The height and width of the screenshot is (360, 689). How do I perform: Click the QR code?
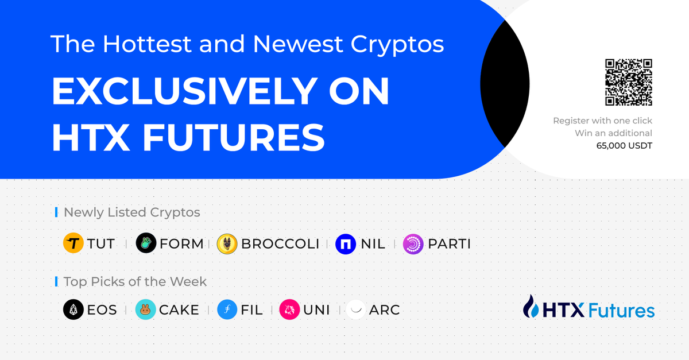(x=629, y=82)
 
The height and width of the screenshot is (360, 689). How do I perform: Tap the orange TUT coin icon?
(x=73, y=243)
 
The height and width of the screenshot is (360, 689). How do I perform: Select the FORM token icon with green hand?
(x=146, y=243)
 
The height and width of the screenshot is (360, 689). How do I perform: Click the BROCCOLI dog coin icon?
(x=227, y=243)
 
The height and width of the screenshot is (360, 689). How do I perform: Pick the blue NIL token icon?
(x=346, y=244)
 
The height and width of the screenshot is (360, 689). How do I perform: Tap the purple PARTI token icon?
(x=413, y=244)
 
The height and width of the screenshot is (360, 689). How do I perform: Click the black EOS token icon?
(x=73, y=309)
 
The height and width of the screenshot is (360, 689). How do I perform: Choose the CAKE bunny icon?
(x=145, y=309)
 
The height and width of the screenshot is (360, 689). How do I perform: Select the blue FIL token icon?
(x=227, y=309)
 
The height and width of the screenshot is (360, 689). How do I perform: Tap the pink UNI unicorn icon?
(x=289, y=309)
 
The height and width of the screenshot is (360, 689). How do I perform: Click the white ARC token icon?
(x=356, y=309)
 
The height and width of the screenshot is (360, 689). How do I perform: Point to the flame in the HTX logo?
(x=531, y=306)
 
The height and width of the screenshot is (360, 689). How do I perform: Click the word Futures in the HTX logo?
(x=622, y=310)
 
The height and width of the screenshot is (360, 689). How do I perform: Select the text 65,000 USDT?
(x=624, y=145)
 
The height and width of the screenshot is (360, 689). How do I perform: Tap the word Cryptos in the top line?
(x=397, y=45)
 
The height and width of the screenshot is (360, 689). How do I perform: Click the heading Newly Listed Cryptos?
(x=131, y=212)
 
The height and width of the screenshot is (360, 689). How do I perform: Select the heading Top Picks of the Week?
(x=135, y=281)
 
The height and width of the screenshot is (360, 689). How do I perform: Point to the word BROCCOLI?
(x=280, y=244)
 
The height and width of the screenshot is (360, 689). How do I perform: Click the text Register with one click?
(x=602, y=121)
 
